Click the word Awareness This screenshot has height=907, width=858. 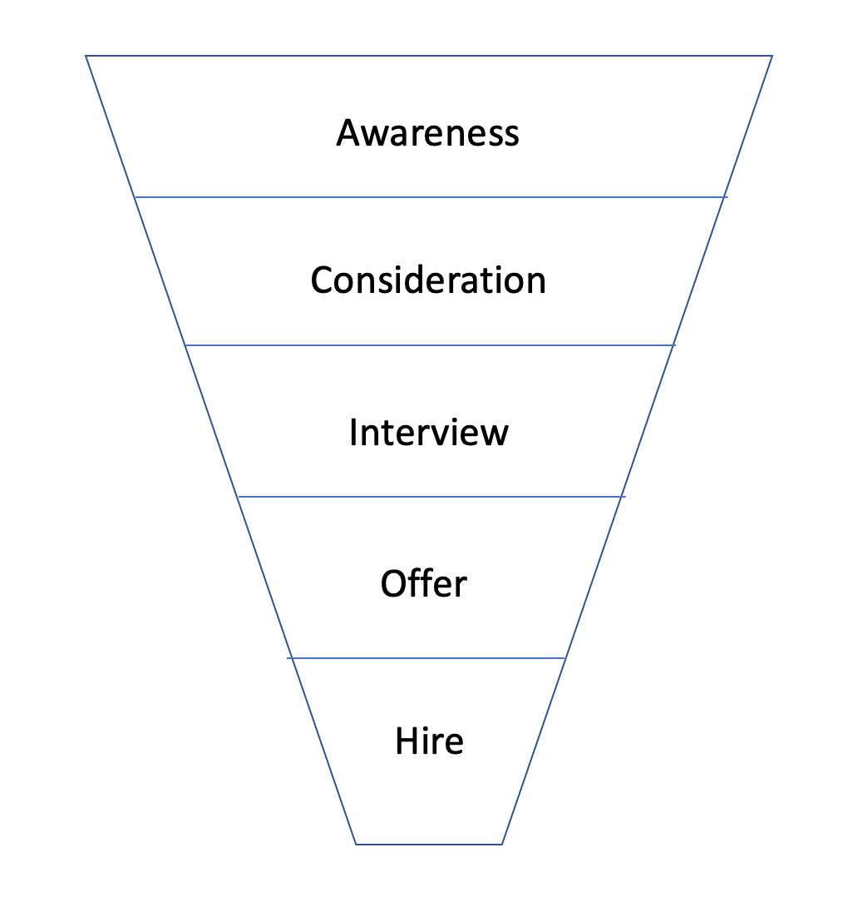click(427, 133)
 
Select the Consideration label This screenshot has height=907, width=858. click(428, 280)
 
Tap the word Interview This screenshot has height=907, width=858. click(429, 432)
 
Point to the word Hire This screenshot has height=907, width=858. click(429, 741)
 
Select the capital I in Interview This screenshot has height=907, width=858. click(353, 432)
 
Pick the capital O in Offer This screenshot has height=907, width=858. click(395, 583)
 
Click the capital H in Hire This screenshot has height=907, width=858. click(407, 741)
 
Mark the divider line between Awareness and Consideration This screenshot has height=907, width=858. click(431, 197)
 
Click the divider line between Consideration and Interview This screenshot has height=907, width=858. click(430, 345)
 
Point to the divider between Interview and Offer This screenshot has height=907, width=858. click(431, 496)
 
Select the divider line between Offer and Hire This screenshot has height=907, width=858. click(426, 657)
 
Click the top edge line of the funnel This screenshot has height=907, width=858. click(429, 56)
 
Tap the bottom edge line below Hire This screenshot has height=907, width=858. click(429, 844)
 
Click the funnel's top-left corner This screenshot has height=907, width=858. click(86, 56)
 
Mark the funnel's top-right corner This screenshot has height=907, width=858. click(772, 56)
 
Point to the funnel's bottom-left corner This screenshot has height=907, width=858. click(355, 844)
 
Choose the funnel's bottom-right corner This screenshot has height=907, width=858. click(502, 844)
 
